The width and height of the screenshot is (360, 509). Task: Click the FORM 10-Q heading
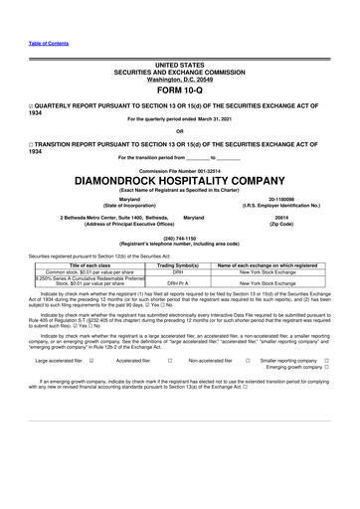point(179,92)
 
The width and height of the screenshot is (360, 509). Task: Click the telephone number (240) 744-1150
point(179,238)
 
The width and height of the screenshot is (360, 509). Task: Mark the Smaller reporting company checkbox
point(326,361)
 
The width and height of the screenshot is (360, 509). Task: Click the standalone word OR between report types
point(179,130)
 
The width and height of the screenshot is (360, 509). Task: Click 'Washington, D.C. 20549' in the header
point(179,79)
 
